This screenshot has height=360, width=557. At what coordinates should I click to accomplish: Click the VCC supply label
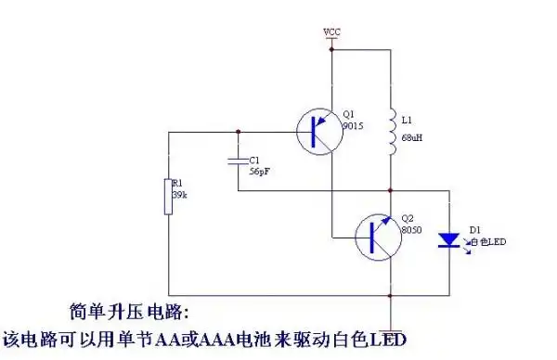click(331, 32)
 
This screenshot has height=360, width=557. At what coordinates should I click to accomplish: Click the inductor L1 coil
click(391, 135)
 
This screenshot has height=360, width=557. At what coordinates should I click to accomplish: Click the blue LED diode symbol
click(448, 240)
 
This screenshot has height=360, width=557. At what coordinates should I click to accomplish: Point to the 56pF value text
click(260, 172)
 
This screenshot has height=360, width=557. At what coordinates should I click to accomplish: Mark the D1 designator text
click(474, 229)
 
